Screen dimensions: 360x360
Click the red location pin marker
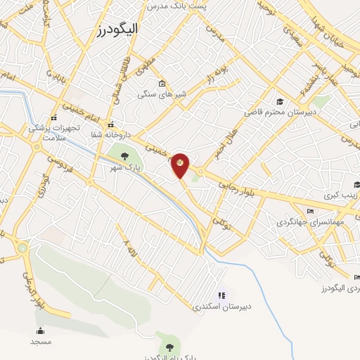coord(180,165)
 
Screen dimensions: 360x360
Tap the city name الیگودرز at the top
coord(119,29)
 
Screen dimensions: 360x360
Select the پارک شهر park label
coord(124,168)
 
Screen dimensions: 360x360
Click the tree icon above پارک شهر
coord(124,156)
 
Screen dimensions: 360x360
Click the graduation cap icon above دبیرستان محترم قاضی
coord(279,101)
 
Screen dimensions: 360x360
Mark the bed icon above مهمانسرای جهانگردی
coord(310,211)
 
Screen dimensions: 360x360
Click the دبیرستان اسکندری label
coord(221,307)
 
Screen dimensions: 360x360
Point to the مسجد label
coord(41,341)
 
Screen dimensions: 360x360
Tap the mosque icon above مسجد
coord(40,330)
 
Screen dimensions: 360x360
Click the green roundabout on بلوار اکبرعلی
coord(22,248)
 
